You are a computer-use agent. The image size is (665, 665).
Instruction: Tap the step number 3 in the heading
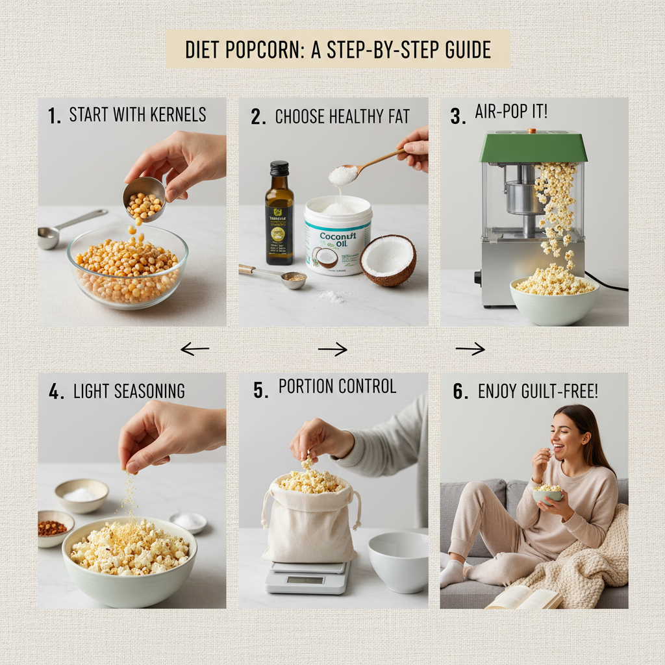tap(457, 116)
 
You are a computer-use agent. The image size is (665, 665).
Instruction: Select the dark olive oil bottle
tap(279, 214)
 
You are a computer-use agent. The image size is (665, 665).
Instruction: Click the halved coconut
tap(388, 260)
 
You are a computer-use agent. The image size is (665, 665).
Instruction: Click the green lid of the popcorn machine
tap(533, 146)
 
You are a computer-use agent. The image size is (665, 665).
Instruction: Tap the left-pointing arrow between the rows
tap(194, 349)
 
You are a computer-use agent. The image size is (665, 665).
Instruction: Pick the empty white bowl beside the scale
tap(398, 561)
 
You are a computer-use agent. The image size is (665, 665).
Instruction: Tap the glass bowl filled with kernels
tap(127, 266)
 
